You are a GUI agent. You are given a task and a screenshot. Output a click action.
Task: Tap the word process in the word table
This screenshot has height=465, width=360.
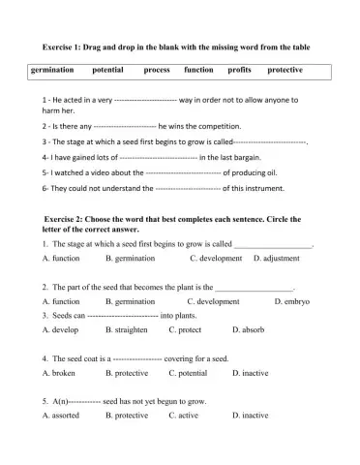pos(157,71)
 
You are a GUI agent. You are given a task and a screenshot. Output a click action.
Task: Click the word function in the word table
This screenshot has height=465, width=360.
pos(198,71)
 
